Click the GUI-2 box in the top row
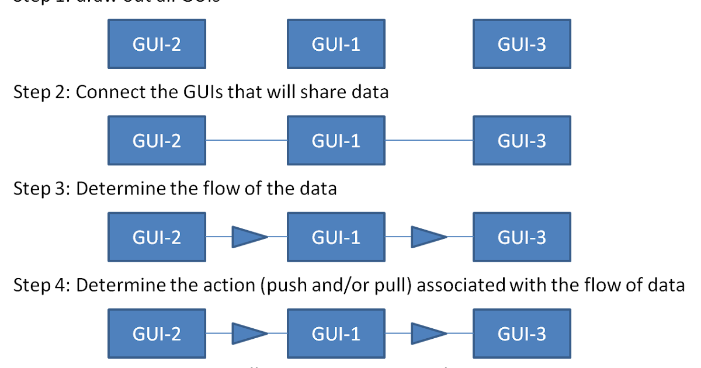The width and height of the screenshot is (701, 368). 157,44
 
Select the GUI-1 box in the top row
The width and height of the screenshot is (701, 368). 336,44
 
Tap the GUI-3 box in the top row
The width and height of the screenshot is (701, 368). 522,44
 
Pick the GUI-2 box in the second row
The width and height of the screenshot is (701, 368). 157,140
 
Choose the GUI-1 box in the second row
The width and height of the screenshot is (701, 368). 336,140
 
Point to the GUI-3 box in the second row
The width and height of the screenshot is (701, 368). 522,140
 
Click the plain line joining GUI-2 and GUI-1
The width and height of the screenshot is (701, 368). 247,140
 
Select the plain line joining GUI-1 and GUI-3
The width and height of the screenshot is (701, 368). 429,140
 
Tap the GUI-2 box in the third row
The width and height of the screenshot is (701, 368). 157,237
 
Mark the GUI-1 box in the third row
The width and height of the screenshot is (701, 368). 336,237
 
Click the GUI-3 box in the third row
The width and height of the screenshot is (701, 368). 522,237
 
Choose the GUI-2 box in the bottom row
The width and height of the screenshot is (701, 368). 157,334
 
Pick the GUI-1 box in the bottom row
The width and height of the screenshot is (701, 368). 336,334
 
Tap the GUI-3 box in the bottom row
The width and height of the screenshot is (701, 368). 522,334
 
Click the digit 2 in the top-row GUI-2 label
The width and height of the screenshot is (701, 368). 175,44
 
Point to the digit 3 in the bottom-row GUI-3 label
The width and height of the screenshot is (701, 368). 540,334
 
